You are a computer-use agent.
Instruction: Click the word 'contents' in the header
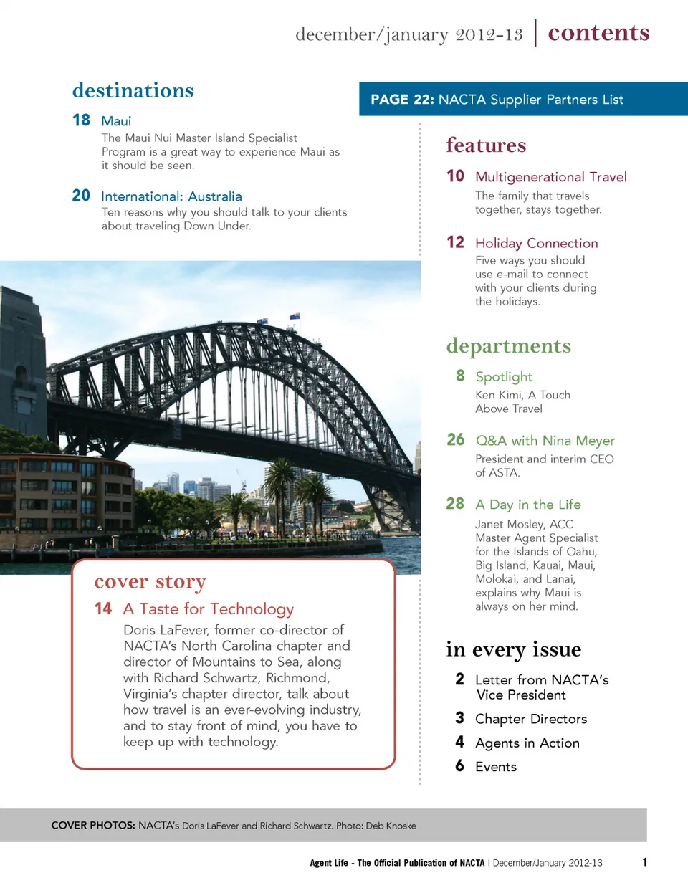(598, 33)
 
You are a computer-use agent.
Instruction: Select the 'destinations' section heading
(133, 91)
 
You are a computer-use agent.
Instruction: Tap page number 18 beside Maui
(81, 120)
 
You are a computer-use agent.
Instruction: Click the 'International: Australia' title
(171, 196)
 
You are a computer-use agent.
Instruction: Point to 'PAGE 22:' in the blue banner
(401, 100)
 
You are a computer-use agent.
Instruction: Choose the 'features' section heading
(486, 145)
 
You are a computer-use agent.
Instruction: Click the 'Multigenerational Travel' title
(550, 177)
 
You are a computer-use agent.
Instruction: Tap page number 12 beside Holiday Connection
(455, 243)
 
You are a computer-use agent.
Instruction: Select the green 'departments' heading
(508, 346)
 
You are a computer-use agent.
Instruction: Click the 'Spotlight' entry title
(504, 377)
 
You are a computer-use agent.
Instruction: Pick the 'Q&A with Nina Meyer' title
(545, 441)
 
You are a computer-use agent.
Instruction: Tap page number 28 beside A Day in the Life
(455, 504)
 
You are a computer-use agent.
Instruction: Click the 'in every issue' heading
(513, 650)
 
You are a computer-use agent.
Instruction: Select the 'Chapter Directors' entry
(530, 720)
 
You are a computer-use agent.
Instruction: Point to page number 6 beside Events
(459, 767)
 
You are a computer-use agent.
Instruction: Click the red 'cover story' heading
(150, 582)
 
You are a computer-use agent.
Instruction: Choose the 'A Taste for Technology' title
(208, 609)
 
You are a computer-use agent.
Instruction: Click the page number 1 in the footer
(645, 862)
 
